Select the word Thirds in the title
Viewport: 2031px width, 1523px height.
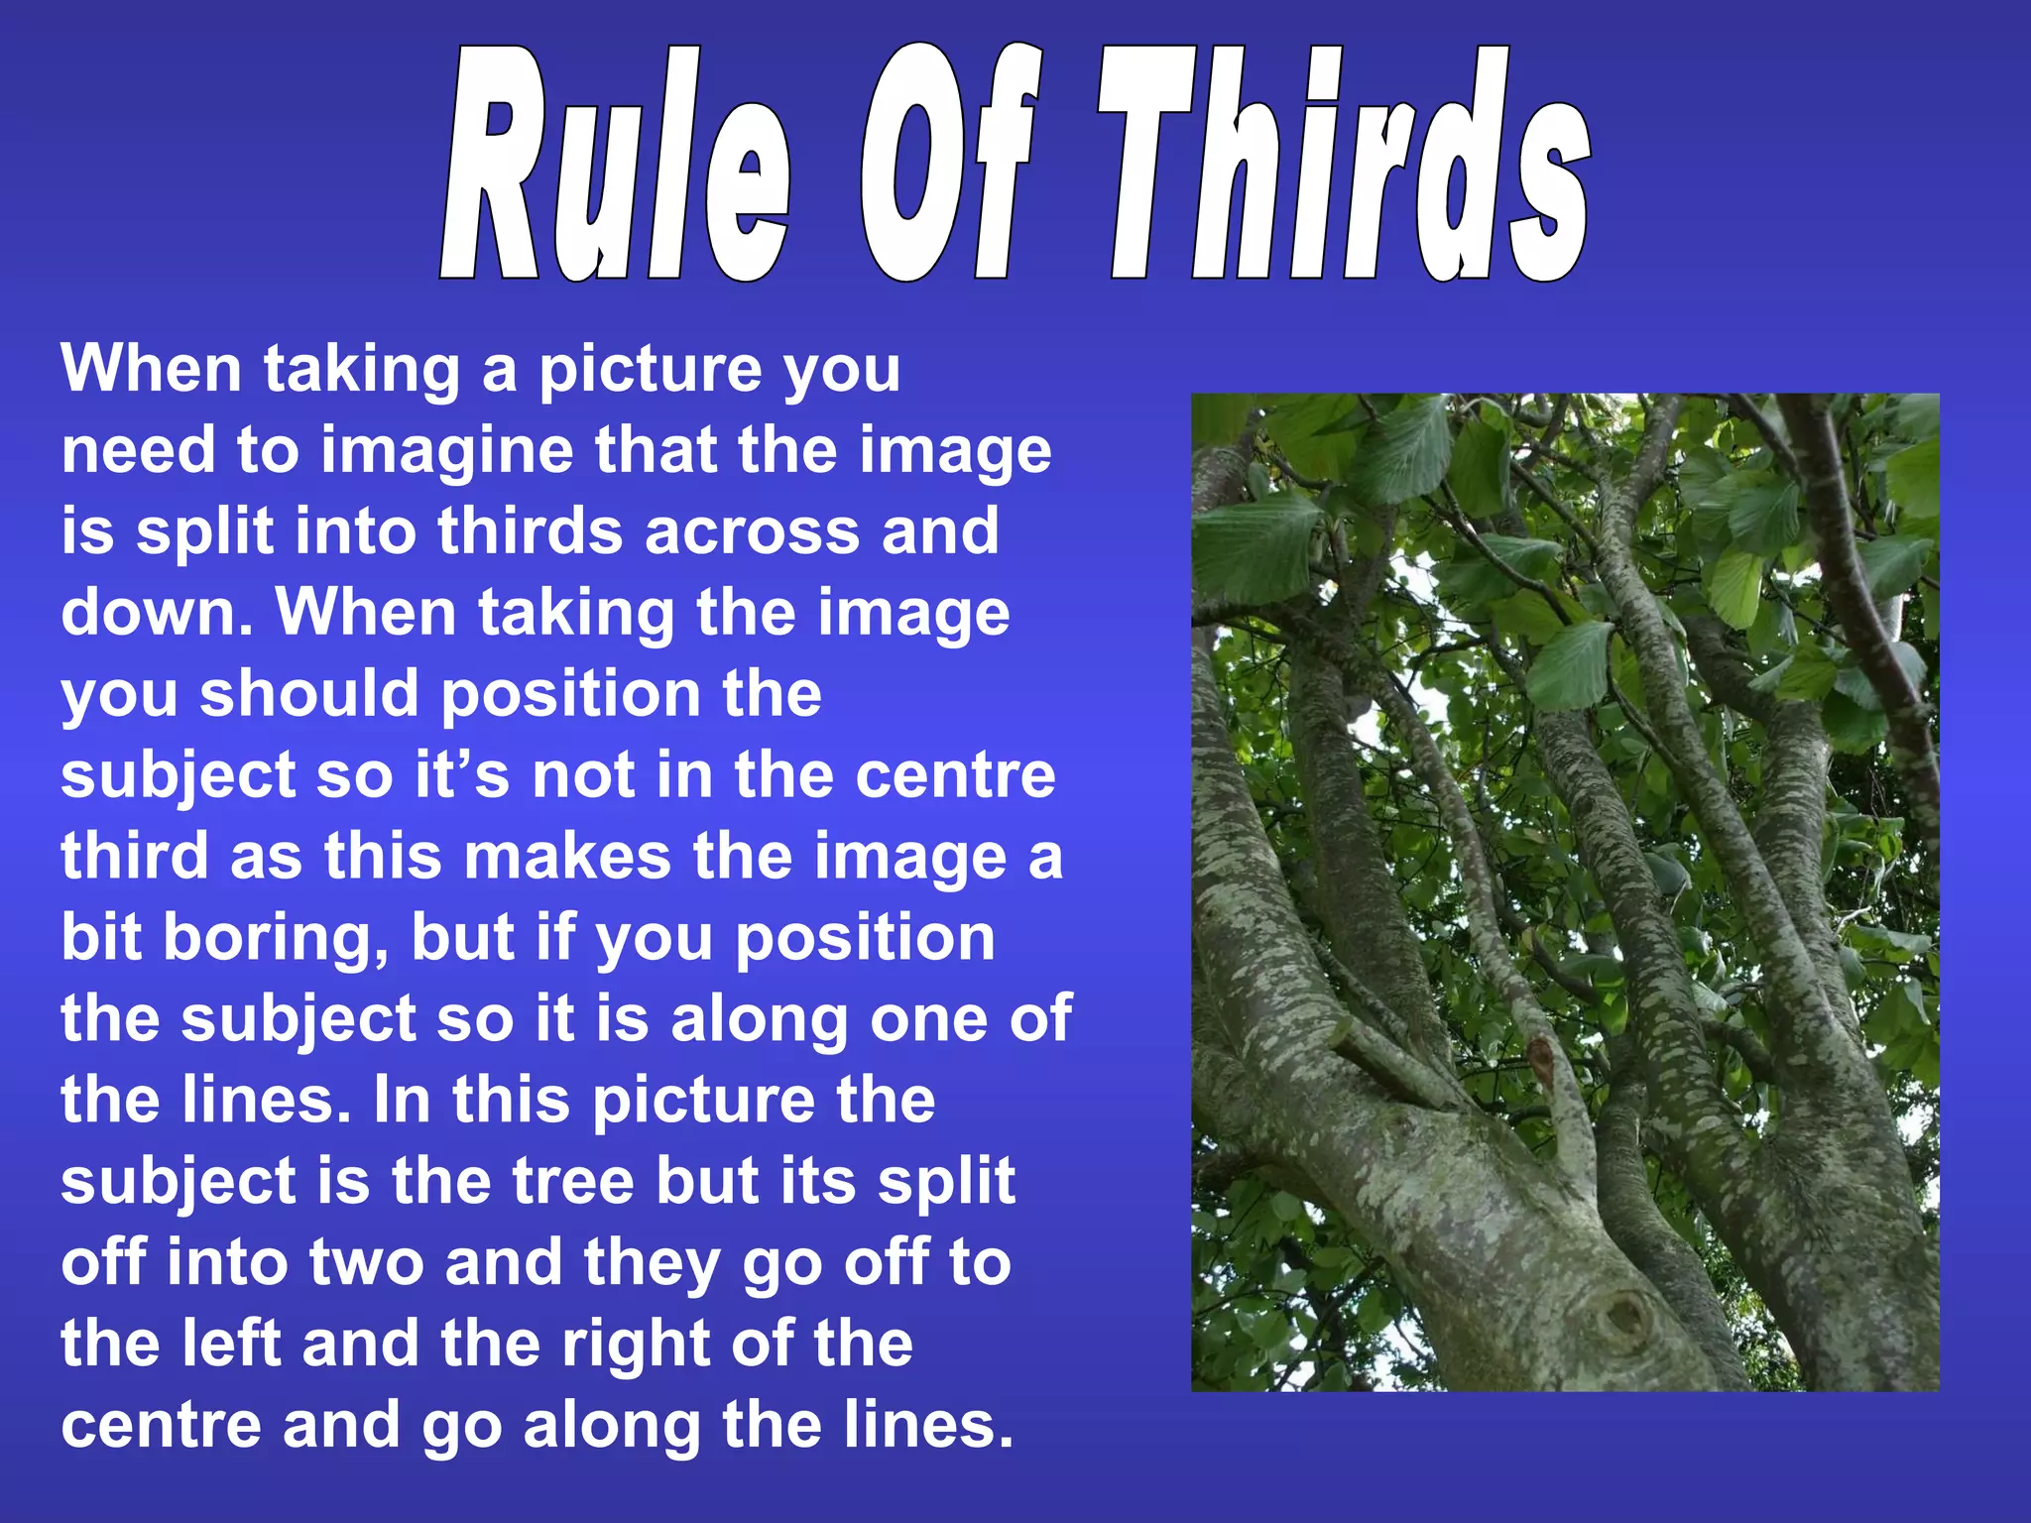point(1344,164)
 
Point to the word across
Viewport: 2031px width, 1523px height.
point(753,531)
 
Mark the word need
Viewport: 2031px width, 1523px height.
point(138,451)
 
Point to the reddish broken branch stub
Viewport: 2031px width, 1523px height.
point(1540,1057)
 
